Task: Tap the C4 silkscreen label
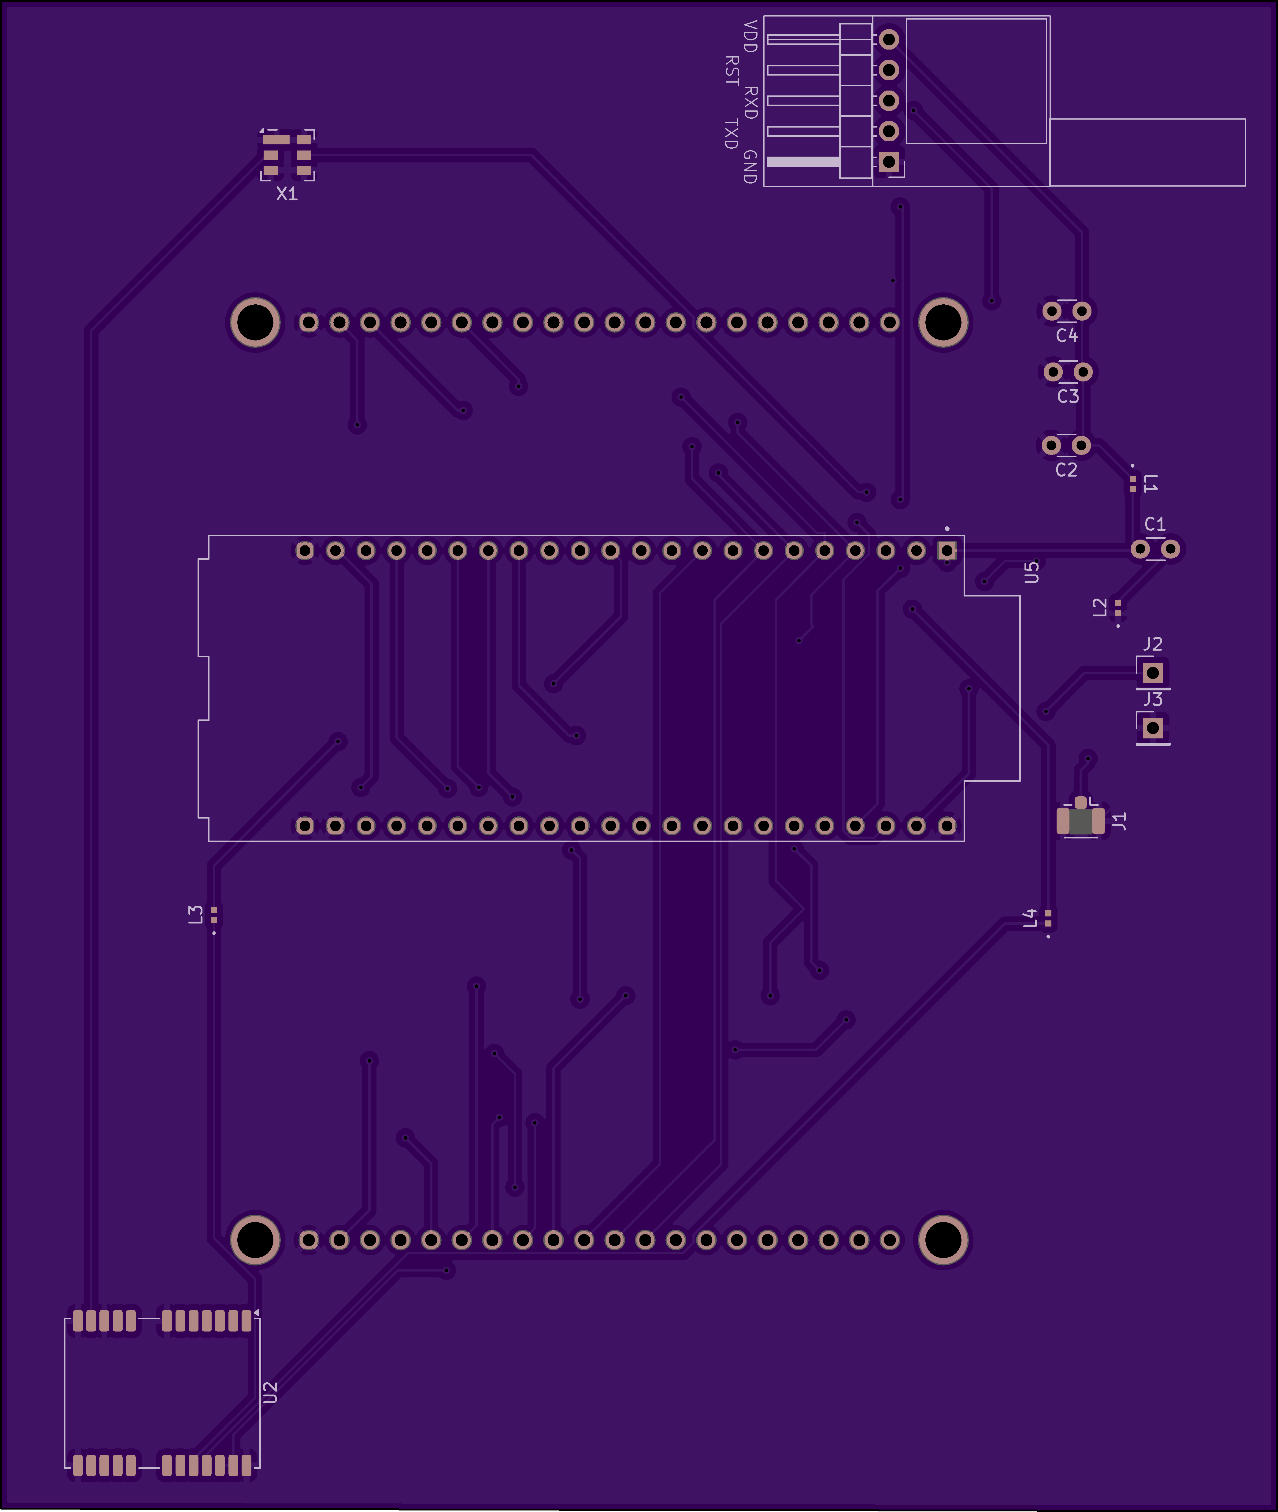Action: pos(1066,336)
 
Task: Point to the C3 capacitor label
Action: pos(1068,396)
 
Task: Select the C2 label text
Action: pos(1066,470)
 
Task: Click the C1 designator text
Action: pos(1155,524)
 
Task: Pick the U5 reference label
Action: pos(1032,572)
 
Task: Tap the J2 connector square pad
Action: pos(1153,673)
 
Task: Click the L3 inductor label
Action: pos(196,914)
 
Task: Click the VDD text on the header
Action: pos(750,36)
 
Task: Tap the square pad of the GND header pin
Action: pos(889,162)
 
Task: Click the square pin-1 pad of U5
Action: pos(947,551)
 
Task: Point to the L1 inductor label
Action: pos(1150,484)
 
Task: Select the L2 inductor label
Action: pos(1100,607)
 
